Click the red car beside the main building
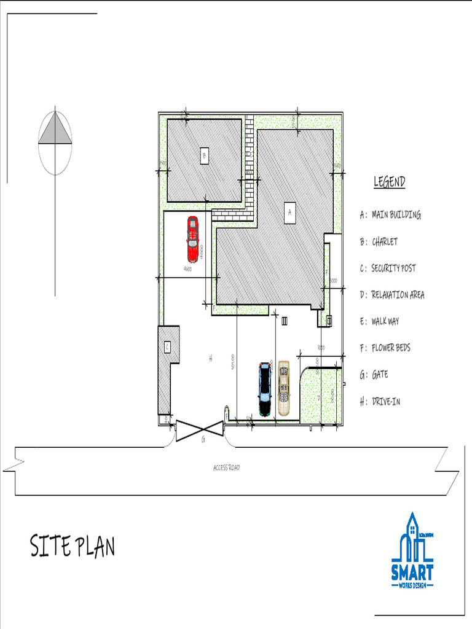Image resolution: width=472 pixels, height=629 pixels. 193,239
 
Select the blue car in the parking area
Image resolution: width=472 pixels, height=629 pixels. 265,389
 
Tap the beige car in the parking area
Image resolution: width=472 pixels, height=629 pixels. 283,388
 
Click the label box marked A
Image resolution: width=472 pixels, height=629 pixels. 289,212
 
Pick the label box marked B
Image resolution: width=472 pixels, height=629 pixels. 204,156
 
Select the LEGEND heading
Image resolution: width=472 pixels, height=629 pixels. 390,182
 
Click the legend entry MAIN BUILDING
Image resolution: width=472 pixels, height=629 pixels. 396,215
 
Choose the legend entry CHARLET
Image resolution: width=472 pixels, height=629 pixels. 384,241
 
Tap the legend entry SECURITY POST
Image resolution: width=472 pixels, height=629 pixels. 393,268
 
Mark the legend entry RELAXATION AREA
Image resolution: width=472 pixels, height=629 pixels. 397,295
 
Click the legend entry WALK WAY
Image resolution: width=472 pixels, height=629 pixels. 385,321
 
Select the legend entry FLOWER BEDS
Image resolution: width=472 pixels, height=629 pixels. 390,348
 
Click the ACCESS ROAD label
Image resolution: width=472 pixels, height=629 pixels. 226,468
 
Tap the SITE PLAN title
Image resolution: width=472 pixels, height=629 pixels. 73,546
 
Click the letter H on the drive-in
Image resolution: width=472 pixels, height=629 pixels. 210,358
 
